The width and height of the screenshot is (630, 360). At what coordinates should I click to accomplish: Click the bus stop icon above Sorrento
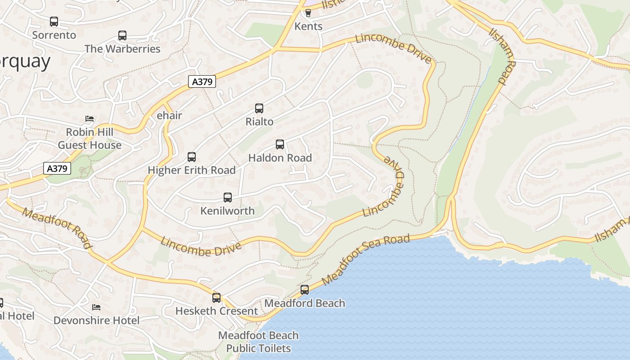click(54, 21)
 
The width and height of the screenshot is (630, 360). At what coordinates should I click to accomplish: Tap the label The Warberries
click(122, 49)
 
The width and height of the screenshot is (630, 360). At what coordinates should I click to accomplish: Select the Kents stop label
click(308, 26)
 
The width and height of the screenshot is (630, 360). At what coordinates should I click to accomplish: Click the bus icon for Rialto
click(259, 108)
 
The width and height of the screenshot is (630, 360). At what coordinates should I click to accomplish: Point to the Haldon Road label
click(280, 158)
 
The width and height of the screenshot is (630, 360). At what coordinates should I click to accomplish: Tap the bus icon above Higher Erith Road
click(192, 157)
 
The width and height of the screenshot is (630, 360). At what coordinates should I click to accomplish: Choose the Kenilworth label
click(227, 211)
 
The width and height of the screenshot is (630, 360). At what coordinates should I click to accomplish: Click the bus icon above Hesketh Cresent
click(216, 297)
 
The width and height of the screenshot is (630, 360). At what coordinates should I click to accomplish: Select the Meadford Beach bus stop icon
click(305, 289)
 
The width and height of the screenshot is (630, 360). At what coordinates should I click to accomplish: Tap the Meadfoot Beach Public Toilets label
click(258, 342)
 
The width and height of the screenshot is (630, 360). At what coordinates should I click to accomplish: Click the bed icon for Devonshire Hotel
click(96, 307)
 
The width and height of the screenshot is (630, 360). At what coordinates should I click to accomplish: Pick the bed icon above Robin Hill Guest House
click(90, 119)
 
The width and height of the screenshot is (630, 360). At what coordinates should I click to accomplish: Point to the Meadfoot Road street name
click(57, 228)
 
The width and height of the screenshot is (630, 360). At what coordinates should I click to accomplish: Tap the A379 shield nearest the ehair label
click(202, 81)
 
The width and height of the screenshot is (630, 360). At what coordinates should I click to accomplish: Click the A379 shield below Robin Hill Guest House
click(58, 168)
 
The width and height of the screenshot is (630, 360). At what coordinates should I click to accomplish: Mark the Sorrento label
click(54, 35)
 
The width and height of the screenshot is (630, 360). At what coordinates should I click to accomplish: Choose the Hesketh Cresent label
click(216, 311)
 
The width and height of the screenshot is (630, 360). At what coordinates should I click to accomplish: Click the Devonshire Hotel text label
click(96, 320)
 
